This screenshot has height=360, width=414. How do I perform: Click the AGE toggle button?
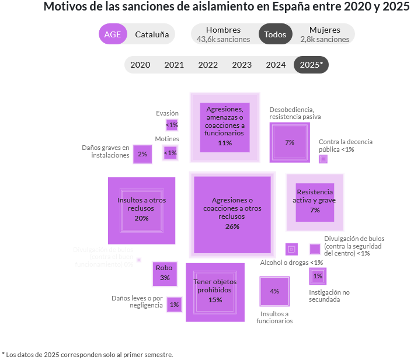click(113, 34)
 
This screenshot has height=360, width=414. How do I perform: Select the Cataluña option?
click(152, 34)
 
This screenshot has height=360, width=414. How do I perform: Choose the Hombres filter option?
click(223, 34)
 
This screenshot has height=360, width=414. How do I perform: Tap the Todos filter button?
click(275, 34)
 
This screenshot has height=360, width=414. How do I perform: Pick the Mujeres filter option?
click(325, 34)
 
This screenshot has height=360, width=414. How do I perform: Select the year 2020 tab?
click(140, 65)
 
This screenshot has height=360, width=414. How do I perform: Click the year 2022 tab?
click(208, 65)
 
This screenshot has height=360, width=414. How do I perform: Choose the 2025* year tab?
click(311, 65)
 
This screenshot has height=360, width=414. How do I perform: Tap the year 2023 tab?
click(242, 65)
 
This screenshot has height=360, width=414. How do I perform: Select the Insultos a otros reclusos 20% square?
click(141, 211)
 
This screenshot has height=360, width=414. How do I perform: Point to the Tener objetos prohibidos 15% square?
click(215, 292)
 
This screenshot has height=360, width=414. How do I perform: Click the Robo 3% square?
click(165, 274)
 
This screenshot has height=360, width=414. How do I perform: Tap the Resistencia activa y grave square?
click(315, 202)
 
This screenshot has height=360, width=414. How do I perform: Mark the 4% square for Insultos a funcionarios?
click(274, 291)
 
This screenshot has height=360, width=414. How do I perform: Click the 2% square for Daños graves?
click(142, 154)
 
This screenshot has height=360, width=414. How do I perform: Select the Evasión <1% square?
click(172, 125)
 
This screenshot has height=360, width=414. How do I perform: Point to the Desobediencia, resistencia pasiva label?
click(295, 113)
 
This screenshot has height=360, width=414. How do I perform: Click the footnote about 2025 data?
click(88, 354)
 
